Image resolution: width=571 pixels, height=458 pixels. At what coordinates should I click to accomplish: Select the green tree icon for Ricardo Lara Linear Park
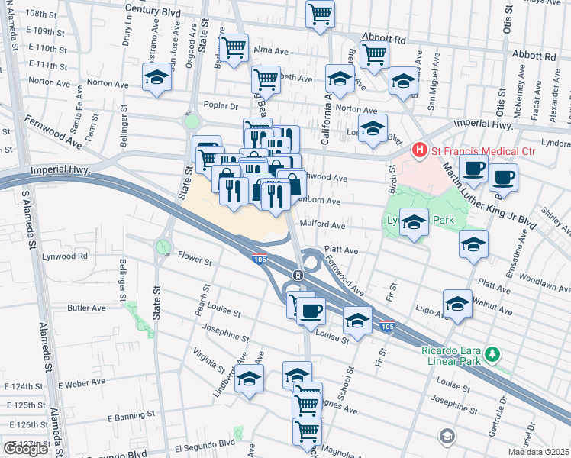(494, 353)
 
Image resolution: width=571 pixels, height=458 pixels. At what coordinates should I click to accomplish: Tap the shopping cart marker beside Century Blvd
(320, 14)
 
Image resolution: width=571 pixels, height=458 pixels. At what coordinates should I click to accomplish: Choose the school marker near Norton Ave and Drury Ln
(156, 78)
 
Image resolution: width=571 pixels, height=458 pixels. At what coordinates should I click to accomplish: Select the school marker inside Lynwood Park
(414, 223)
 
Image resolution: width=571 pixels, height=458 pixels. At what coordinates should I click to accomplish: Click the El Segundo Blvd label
(205, 443)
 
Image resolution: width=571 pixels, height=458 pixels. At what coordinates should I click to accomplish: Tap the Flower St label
(195, 261)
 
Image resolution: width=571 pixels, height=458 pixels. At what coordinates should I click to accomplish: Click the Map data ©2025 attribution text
(538, 452)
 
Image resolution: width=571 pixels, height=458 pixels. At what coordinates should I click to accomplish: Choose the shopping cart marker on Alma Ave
(235, 47)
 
